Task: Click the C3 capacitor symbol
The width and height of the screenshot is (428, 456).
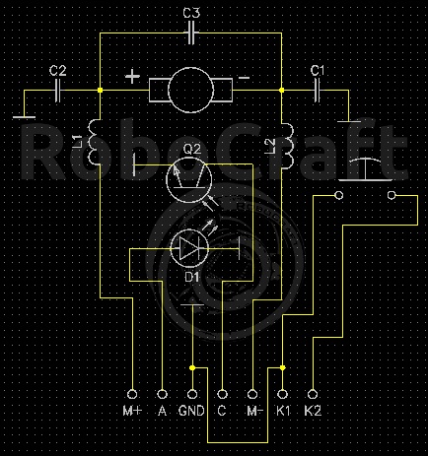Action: [x=191, y=33]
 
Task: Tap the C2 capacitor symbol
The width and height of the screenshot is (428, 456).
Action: [x=58, y=91]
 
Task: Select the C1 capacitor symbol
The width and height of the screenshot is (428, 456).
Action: [x=318, y=91]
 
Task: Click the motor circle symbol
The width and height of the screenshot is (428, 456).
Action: [x=190, y=90]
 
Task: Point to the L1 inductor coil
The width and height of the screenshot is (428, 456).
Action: [x=93, y=141]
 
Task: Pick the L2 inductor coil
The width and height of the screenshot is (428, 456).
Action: [x=288, y=146]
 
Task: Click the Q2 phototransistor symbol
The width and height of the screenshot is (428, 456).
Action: [x=189, y=180]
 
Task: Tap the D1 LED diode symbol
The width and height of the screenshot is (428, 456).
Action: [x=189, y=248]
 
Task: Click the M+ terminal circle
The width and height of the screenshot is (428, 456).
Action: [x=132, y=394]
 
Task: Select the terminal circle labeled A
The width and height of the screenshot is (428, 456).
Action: [x=162, y=394]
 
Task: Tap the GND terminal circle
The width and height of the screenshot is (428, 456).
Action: [x=192, y=394]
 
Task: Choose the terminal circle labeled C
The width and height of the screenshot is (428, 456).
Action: [x=223, y=394]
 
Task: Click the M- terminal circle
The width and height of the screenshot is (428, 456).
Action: [x=252, y=394]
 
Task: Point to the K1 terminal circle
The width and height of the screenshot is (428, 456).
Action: [x=282, y=394]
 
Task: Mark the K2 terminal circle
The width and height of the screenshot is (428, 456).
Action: [x=313, y=394]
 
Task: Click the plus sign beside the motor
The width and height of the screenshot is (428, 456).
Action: [x=132, y=77]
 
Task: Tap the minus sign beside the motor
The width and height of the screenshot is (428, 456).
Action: [x=244, y=78]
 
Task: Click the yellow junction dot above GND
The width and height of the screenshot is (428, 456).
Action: [x=192, y=367]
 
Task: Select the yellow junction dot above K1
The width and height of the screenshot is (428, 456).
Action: [x=282, y=367]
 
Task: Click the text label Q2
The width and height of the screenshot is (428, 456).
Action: [x=191, y=150]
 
